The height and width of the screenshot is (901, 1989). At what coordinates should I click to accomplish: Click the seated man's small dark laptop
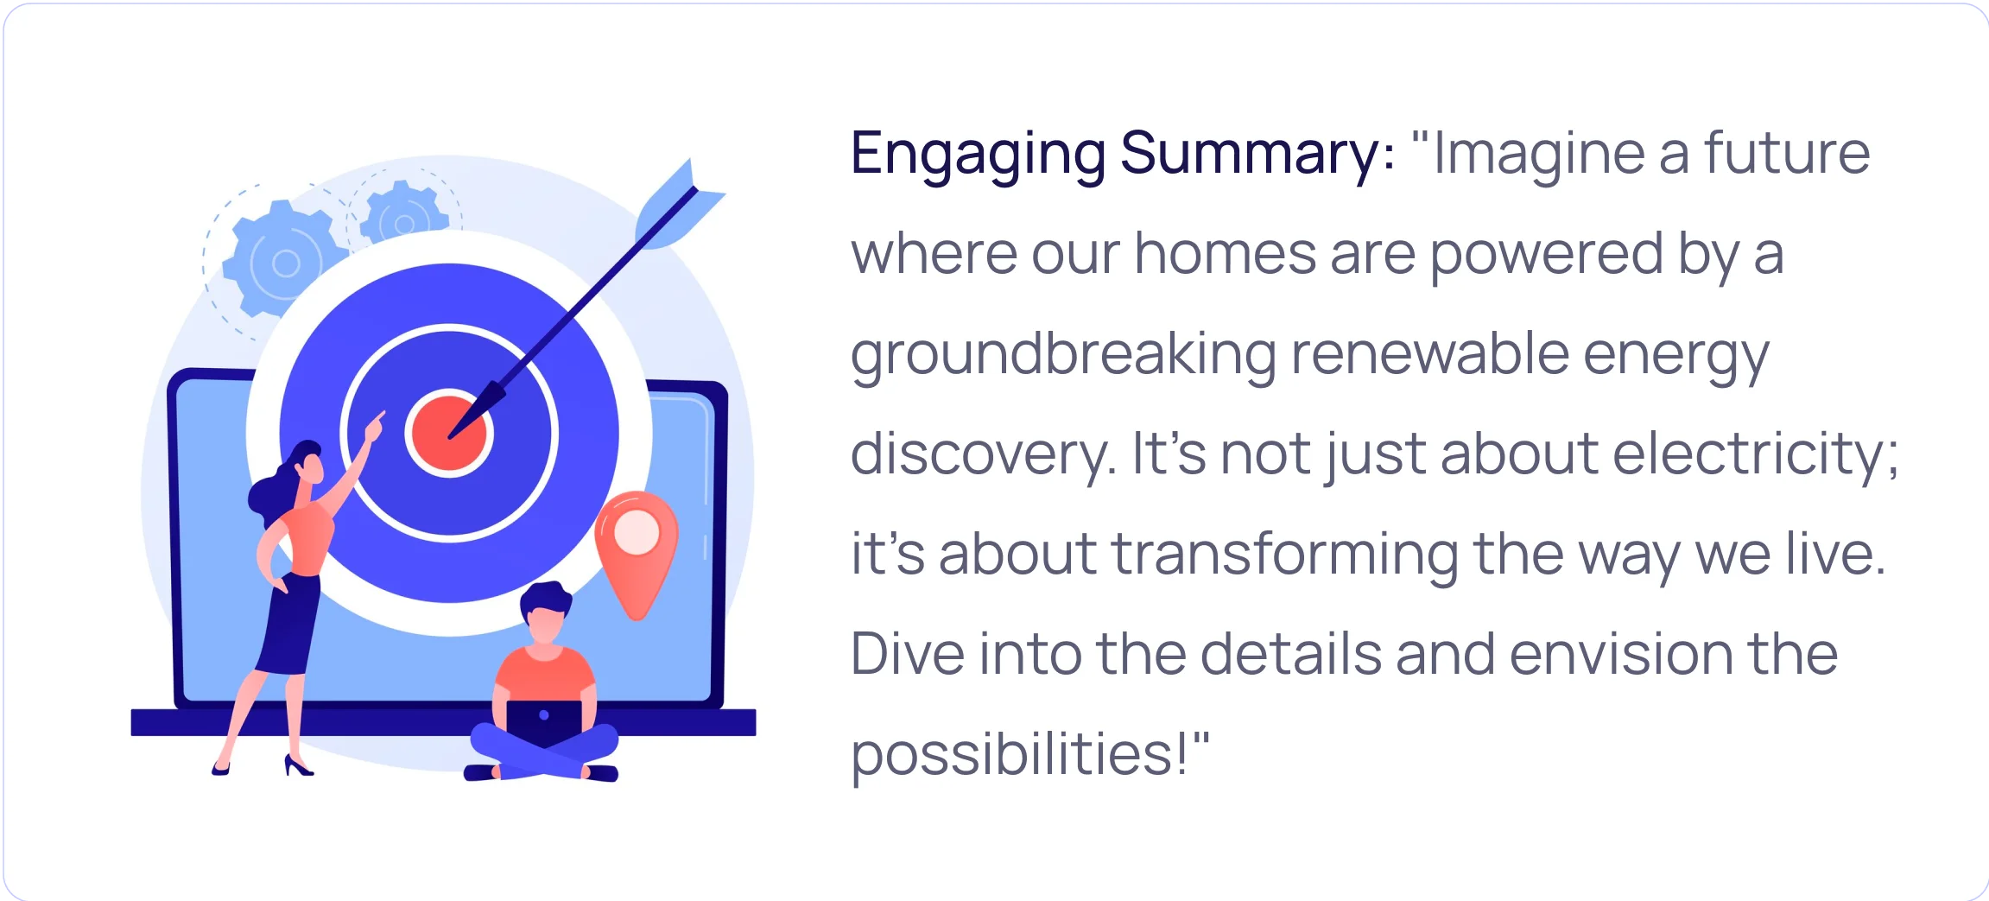point(544,721)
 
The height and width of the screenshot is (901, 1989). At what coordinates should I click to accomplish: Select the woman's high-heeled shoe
point(298,765)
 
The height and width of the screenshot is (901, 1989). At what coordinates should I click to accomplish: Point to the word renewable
point(1429,354)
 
